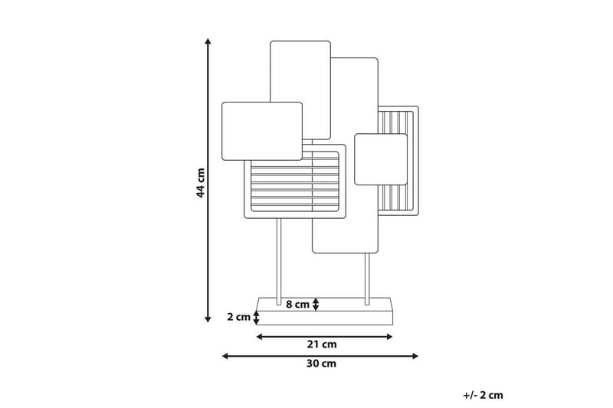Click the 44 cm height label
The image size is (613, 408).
click(x=200, y=181)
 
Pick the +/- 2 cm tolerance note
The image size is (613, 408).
click(x=483, y=395)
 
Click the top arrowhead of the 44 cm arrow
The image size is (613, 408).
click(x=208, y=40)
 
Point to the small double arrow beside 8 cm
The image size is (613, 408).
click(x=316, y=304)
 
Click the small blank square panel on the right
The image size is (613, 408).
click(x=380, y=158)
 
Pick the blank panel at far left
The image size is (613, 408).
click(x=261, y=131)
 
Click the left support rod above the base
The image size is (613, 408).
click(x=278, y=260)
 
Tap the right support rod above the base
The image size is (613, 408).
click(x=367, y=276)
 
